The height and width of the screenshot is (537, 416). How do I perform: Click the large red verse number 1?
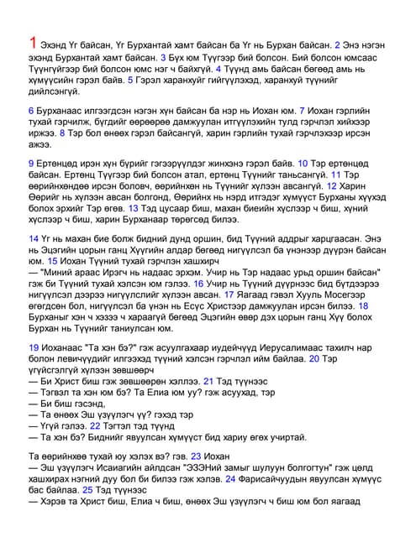point(33,43)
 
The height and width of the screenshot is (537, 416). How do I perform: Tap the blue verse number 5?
point(130,81)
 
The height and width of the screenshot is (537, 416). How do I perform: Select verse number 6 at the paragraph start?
point(31,111)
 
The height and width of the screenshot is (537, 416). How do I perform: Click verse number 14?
point(34,239)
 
